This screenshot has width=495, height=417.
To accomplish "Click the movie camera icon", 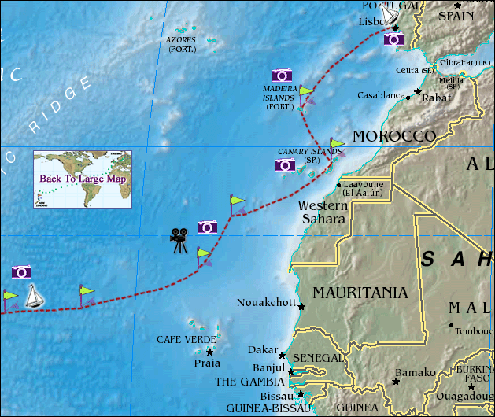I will coord(179,239).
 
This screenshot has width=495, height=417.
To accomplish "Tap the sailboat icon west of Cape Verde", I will coord(35,296).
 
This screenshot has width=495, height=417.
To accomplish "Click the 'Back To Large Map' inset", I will coord(83,179).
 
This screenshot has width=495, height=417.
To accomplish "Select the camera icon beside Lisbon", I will coord(394,39).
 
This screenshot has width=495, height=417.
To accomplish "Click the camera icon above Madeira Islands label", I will coord(283,76).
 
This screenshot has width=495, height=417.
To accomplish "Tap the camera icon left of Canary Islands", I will coord(286,165).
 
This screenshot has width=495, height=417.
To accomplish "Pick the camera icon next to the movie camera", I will coord(207,227).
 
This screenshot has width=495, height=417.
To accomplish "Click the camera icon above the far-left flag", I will coord(22,272).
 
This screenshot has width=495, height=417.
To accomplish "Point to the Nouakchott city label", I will coord(266,303).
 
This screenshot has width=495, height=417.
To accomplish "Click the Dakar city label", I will coord(262,349).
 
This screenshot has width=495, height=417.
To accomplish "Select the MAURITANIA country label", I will coord(360,293).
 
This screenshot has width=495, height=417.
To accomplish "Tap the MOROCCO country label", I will coord(393,136).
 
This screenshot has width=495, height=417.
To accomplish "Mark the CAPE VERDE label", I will coord(186,340).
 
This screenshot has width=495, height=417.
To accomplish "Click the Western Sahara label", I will coord(322,212).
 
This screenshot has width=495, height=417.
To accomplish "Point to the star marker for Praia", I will coord(209,352).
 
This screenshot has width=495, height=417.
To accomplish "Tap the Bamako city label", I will coord(415,372).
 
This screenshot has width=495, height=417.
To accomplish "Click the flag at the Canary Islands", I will coord(336,145).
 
